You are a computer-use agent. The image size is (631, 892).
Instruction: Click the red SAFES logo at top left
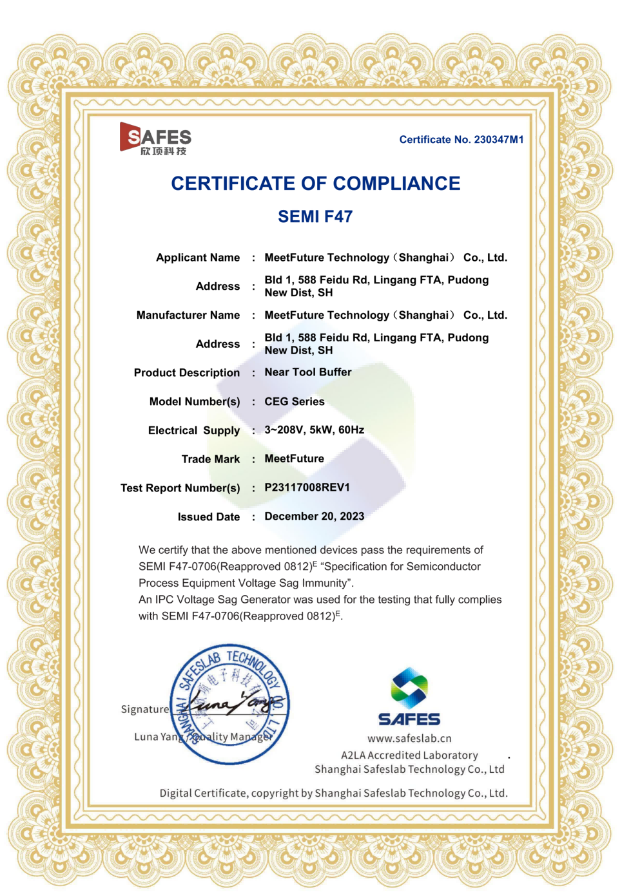[155, 138]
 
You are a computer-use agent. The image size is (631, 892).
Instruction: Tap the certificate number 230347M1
[461, 140]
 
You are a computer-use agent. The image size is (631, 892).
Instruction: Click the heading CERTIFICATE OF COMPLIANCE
[315, 184]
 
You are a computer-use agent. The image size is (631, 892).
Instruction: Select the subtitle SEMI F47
[315, 216]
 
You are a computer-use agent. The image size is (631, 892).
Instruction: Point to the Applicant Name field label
[198, 258]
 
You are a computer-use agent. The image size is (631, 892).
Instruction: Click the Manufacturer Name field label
[188, 315]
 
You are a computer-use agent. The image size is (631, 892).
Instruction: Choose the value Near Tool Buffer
[308, 372]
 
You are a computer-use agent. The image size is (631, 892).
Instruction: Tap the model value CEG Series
[295, 401]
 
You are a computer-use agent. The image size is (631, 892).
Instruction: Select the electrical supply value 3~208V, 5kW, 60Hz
[314, 430]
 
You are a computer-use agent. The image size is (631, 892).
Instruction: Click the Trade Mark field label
[211, 459]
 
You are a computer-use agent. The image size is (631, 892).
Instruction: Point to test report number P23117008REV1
[307, 488]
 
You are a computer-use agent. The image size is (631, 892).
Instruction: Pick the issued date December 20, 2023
[314, 517]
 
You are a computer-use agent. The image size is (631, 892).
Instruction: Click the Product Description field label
[187, 373]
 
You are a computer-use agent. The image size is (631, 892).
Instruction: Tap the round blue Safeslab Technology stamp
[229, 704]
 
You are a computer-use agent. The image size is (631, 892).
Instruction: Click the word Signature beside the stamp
[145, 710]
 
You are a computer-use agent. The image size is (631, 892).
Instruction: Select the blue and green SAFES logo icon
[409, 687]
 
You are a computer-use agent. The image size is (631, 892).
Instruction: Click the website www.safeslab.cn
[409, 739]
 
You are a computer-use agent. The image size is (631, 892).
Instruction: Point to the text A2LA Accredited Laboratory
[409, 755]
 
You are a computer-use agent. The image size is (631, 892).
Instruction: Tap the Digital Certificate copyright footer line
[333, 793]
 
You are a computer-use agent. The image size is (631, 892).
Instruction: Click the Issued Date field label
[209, 517]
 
